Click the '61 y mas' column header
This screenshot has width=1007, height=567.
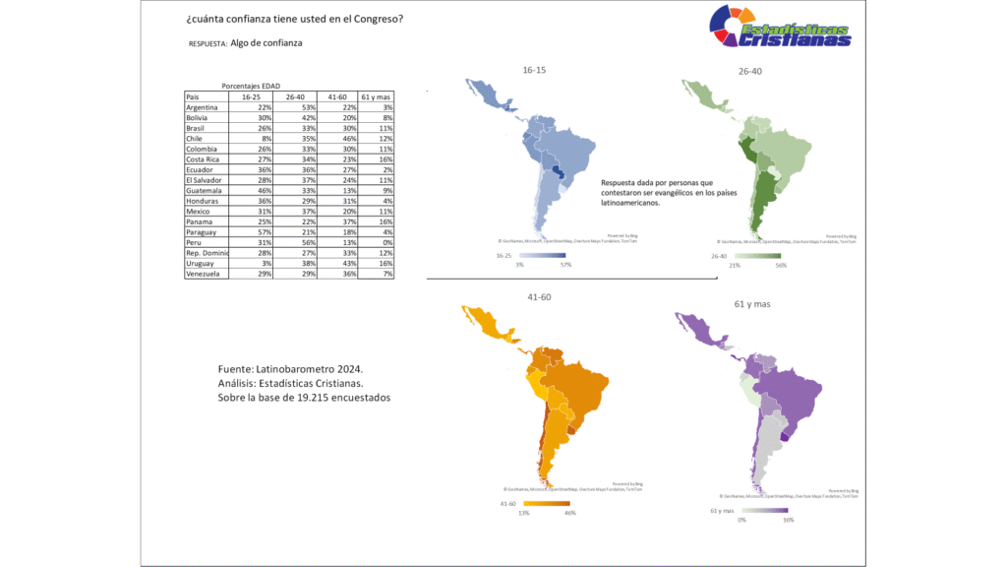377,97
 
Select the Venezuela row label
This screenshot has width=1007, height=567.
205,274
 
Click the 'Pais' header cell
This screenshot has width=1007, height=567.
193,97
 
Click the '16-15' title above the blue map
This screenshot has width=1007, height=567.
536,71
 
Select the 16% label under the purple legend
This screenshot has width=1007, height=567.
788,520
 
